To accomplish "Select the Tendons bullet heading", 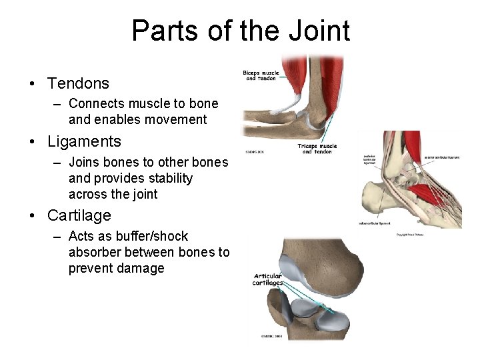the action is click(x=78, y=83).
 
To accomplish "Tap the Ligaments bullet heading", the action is click(x=84, y=141).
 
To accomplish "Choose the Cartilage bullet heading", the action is click(x=79, y=215).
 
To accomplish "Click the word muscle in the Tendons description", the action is click(x=150, y=104).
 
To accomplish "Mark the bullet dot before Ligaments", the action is click(x=32, y=142).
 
